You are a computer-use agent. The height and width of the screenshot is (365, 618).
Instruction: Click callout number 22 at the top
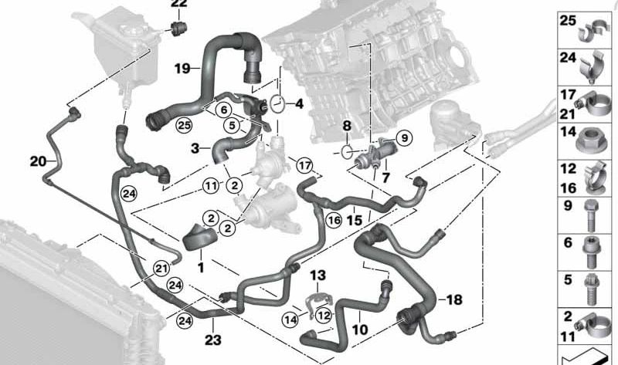click(x=178, y=5)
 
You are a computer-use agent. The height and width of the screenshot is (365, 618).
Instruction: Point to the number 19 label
click(x=182, y=69)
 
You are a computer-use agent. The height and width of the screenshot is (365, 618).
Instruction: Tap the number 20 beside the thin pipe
click(x=38, y=161)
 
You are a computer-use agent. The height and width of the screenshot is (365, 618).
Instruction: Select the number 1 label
click(x=199, y=266)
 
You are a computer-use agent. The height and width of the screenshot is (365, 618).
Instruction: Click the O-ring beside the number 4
click(x=278, y=101)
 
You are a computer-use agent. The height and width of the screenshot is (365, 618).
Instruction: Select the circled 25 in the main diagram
click(x=183, y=125)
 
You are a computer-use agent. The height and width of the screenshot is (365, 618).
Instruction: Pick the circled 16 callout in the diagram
click(x=333, y=220)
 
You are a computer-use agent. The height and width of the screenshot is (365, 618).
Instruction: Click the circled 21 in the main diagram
click(x=161, y=268)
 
